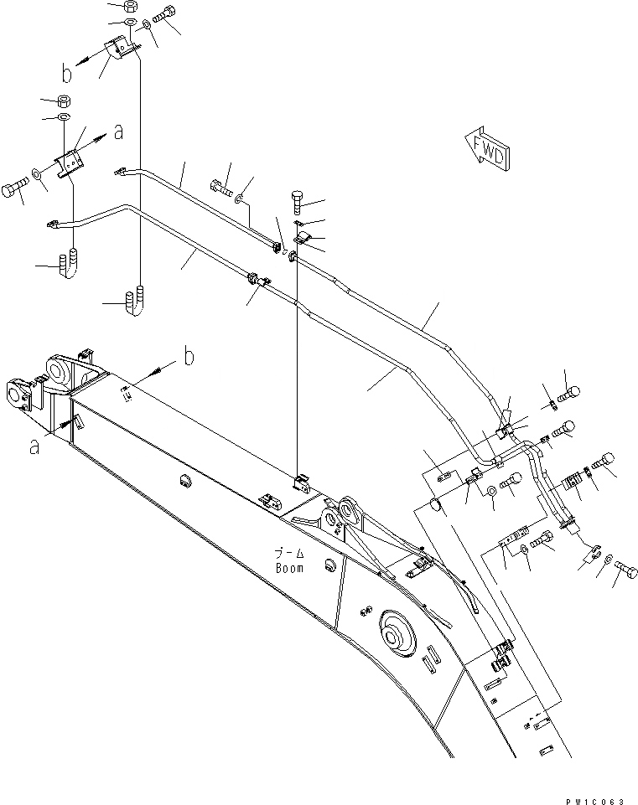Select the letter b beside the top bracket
click(x=67, y=75)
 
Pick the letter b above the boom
click(x=189, y=358)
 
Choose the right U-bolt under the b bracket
click(x=136, y=302)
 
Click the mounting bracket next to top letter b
click(x=118, y=51)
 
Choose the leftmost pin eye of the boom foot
click(x=18, y=393)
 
